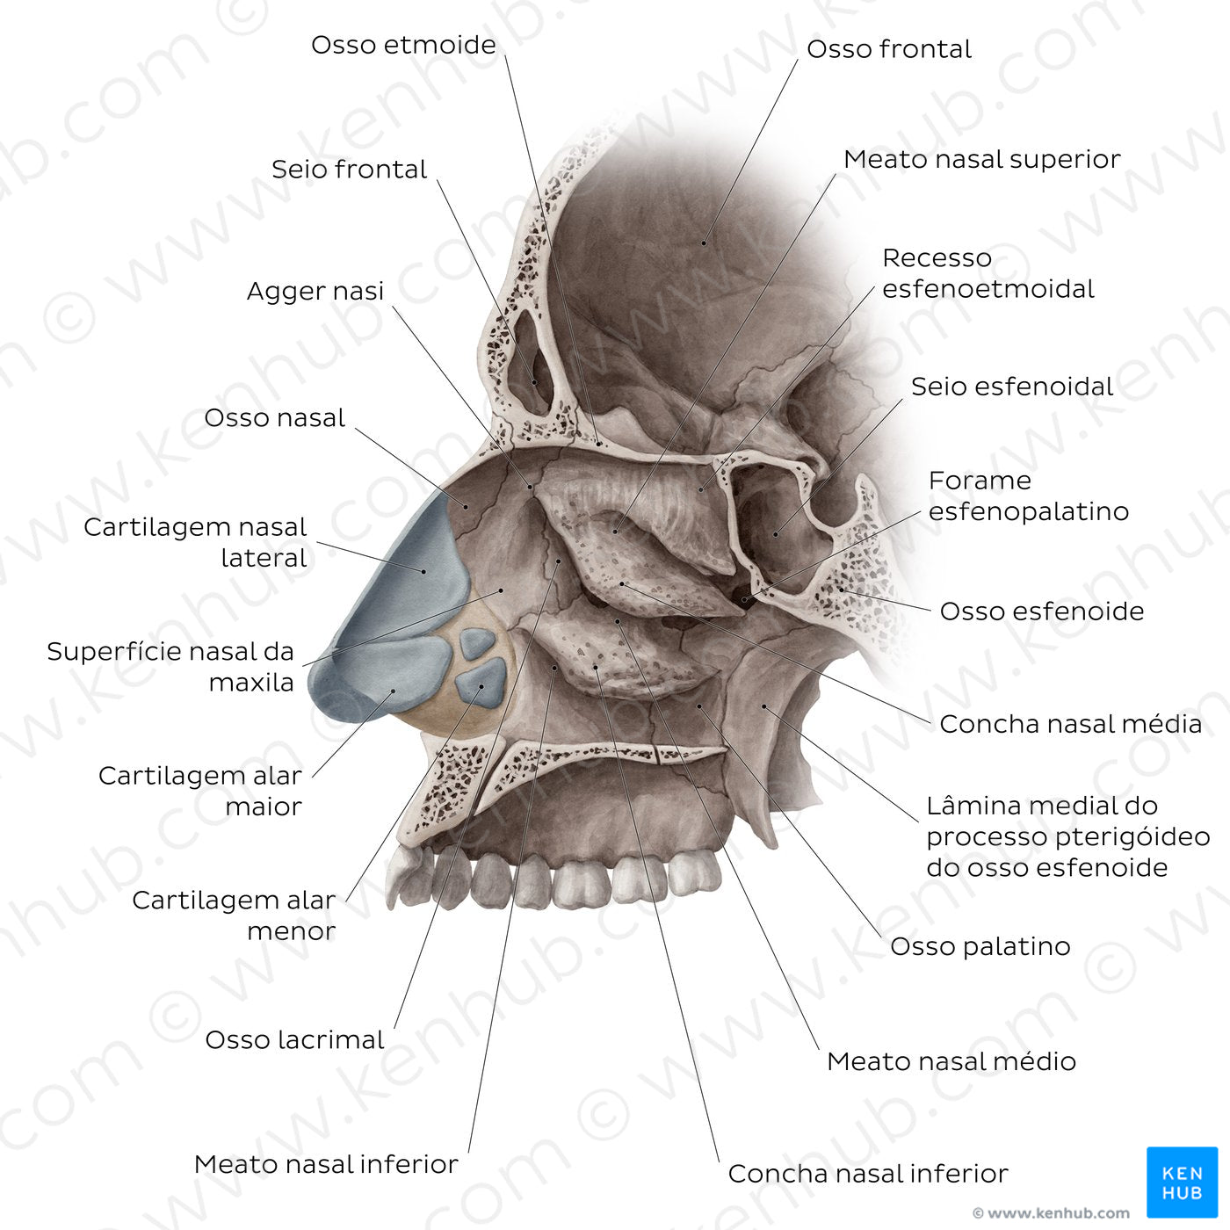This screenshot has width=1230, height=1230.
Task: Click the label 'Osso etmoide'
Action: (403, 46)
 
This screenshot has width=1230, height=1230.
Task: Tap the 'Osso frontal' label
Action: (889, 49)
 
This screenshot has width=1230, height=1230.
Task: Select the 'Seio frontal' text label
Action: (349, 170)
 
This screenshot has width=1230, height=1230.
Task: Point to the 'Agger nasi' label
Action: (315, 291)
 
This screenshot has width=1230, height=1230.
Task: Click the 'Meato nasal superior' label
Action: (981, 159)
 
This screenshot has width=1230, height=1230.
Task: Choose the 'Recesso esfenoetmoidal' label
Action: (988, 273)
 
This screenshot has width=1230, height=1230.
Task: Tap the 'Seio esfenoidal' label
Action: (1012, 387)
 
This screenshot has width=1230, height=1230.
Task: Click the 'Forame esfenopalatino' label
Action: (1028, 496)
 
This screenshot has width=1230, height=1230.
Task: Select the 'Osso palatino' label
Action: (980, 946)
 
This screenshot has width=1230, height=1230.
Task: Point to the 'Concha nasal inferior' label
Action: (868, 1173)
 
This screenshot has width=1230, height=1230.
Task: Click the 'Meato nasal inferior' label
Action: (326, 1164)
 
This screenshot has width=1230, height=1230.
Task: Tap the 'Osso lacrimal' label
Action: (295, 1039)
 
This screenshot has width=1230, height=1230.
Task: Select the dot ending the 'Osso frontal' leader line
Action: (704, 242)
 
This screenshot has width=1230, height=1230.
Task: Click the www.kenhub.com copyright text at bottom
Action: (1051, 1212)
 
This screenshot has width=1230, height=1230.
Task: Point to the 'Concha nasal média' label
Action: (1070, 724)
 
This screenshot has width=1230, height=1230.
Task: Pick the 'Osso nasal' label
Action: (274, 418)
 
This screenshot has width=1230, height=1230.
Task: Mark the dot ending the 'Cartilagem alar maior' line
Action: (394, 691)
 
